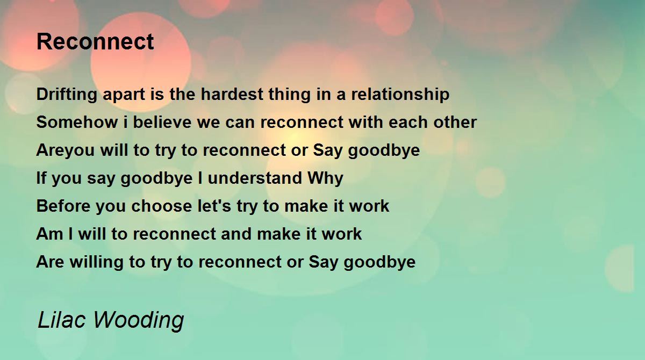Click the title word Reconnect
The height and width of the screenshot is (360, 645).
pos(95,42)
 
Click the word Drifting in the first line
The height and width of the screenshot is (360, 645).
pos(67,95)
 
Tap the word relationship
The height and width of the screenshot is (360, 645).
pos(400,95)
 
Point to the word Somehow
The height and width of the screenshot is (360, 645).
pos(77,122)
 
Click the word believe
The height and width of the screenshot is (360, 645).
pos(162,122)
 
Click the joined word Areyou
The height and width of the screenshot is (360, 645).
pos(66,150)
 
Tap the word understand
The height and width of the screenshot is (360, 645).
pos(255,178)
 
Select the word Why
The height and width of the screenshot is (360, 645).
pos(325,179)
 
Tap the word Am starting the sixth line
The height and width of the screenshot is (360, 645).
pos(50,234)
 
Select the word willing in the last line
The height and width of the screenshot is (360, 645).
pos(97,262)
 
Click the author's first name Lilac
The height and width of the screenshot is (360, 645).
pos(62,320)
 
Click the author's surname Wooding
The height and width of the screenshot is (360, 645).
pos(139,321)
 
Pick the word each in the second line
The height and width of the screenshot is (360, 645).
pos(408,122)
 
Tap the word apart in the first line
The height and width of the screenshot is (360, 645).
pos(124,95)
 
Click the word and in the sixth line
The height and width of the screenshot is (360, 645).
pos(236,234)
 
